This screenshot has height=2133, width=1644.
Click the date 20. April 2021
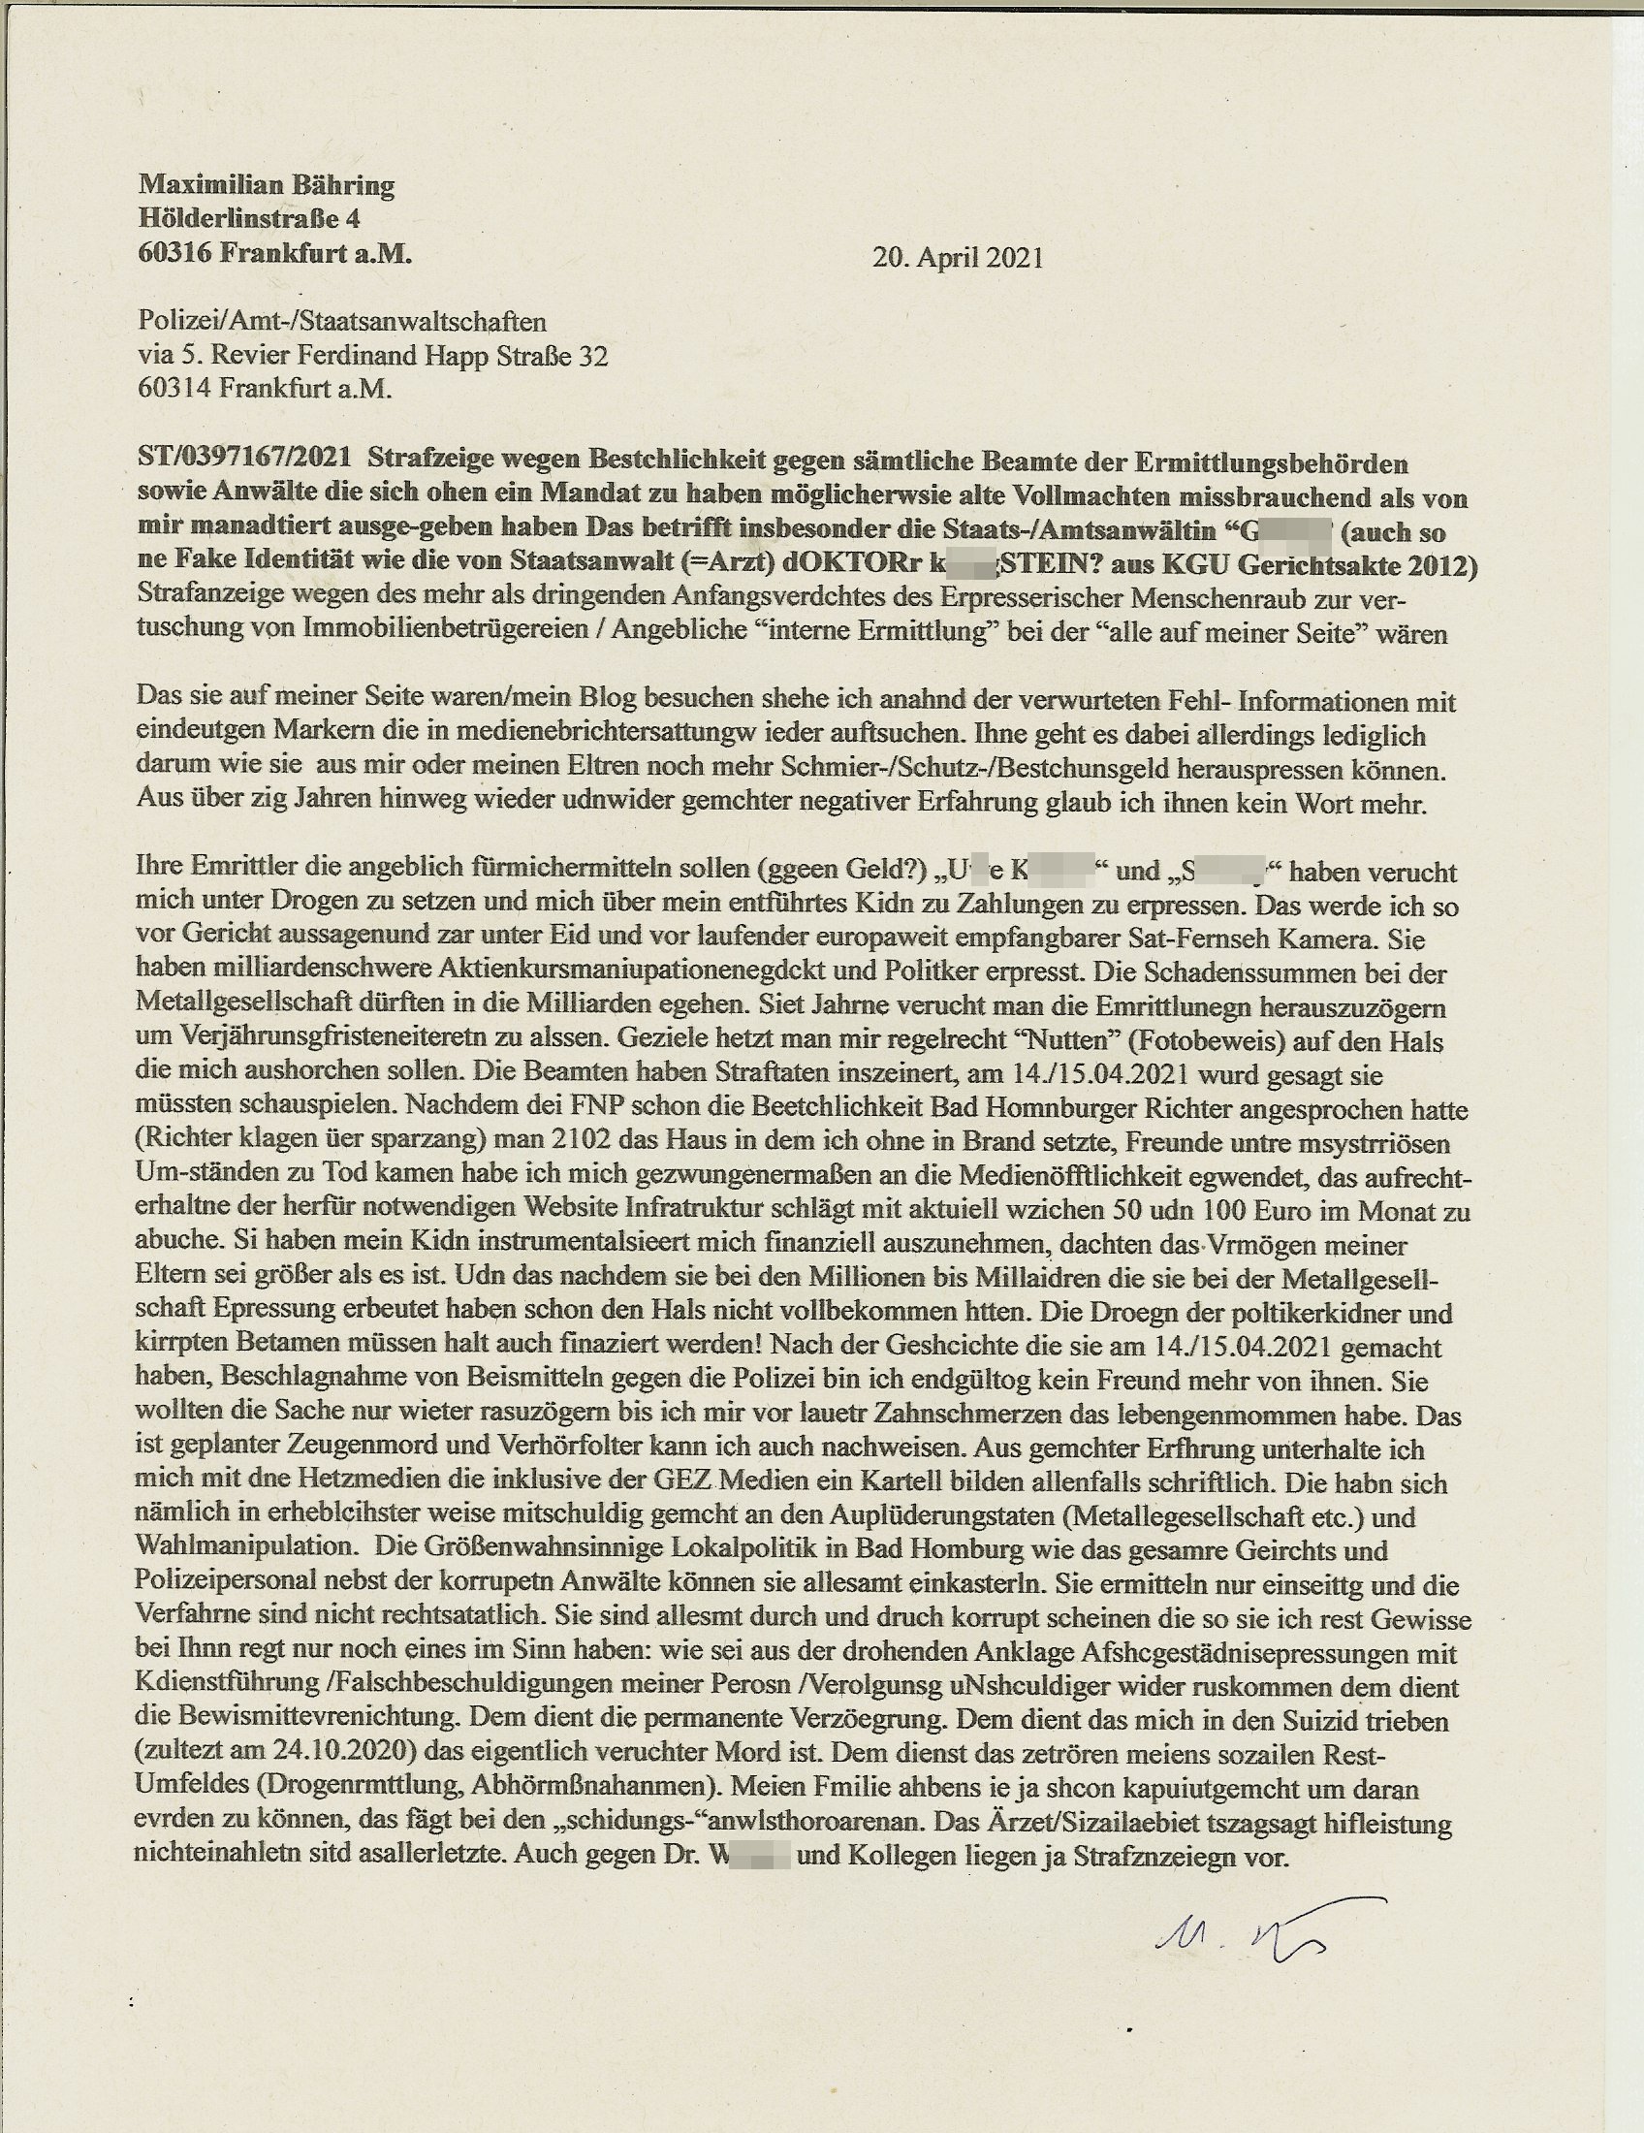point(957,258)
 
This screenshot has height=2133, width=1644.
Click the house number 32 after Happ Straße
point(592,356)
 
